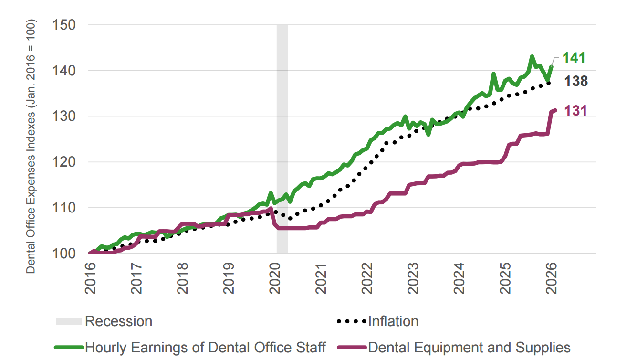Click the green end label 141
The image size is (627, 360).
pyautogui.click(x=574, y=58)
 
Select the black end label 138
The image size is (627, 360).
pyautogui.click(x=576, y=82)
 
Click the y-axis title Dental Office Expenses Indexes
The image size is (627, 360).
pyautogui.click(x=31, y=146)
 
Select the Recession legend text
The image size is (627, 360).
pyautogui.click(x=118, y=321)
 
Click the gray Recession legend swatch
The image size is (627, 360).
pyautogui.click(x=69, y=321)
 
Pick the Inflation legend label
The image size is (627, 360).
pyautogui.click(x=393, y=321)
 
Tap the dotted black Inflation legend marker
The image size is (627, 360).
pyautogui.click(x=352, y=321)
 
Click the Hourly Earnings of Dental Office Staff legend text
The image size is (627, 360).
pyautogui.click(x=206, y=347)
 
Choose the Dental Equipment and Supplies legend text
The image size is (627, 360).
pyautogui.click(x=470, y=347)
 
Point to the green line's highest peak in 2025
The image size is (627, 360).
pyautogui.click(x=532, y=57)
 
